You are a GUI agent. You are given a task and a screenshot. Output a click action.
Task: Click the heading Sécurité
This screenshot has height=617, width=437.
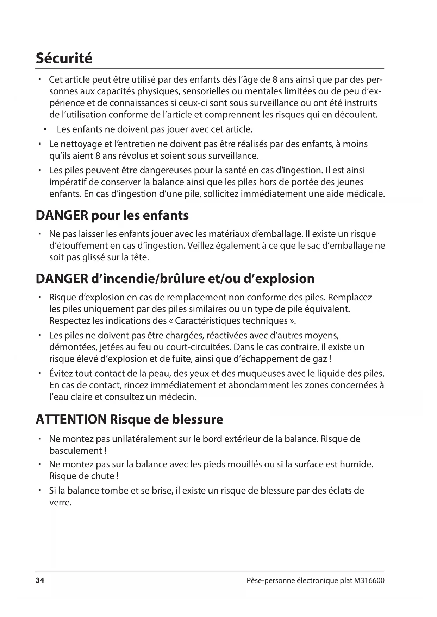64,58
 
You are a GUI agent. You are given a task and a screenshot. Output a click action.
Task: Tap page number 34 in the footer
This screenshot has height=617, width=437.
40,580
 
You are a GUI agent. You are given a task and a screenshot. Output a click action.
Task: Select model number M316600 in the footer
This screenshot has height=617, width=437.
369,580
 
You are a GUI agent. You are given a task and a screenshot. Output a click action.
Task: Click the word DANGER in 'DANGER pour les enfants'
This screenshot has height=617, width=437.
62,215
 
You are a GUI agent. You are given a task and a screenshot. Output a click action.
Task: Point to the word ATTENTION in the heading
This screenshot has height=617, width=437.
71,419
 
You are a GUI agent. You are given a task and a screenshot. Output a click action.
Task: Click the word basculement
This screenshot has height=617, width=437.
76,451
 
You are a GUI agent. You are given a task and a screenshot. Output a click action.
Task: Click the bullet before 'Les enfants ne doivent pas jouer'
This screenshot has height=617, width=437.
45,129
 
